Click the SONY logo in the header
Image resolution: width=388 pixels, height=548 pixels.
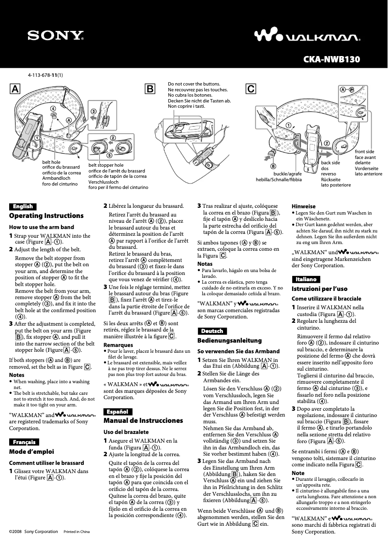tap(55, 35)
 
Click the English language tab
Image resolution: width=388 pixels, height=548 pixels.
tap(23, 206)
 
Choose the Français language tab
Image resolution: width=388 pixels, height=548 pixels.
tap(24, 442)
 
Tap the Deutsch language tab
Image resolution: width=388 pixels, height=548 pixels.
tap(212, 331)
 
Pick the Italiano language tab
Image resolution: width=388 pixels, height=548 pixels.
tap(306, 279)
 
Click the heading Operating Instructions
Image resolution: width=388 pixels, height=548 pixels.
tap(46, 216)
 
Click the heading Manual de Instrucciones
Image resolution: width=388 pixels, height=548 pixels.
tap(143, 420)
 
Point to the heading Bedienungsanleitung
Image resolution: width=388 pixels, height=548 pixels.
tap(229, 340)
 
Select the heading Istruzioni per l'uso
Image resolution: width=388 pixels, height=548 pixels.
tap(319, 288)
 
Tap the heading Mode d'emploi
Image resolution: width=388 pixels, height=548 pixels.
tap(32, 451)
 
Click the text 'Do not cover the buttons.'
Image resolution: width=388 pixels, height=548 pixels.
tap(194, 84)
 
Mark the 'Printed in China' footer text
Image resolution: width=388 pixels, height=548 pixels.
tap(77, 532)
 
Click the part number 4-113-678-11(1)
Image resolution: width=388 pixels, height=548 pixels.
tap(48, 75)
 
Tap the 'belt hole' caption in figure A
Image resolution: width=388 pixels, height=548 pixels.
tap(52, 162)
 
